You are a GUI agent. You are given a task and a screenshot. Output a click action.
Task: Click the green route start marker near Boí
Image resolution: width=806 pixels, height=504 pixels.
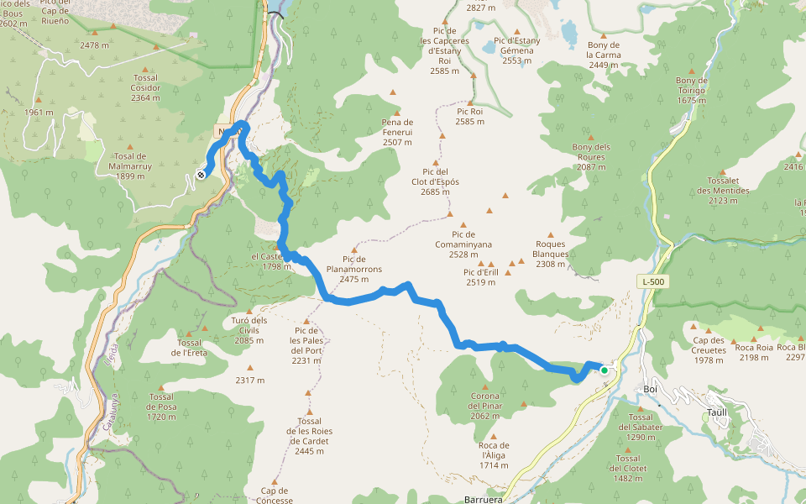[604, 370]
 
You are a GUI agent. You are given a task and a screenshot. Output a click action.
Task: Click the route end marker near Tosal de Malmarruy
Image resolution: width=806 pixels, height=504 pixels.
[201, 175]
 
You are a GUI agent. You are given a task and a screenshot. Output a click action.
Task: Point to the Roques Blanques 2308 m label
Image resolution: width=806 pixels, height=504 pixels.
[551, 254]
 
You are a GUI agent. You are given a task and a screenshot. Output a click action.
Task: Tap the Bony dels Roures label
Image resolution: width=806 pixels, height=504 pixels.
[591, 157]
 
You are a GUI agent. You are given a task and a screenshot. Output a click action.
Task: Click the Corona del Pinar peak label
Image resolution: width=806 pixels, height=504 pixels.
[485, 406]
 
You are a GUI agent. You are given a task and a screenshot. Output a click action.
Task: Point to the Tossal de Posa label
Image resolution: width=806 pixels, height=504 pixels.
[160, 407]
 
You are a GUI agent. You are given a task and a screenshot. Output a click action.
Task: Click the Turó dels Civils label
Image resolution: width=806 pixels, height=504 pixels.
[249, 330]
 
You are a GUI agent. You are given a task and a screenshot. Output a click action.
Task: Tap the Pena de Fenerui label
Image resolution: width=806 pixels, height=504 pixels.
[397, 132]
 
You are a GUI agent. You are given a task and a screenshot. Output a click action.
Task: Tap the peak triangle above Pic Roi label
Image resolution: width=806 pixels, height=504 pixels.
[473, 76]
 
